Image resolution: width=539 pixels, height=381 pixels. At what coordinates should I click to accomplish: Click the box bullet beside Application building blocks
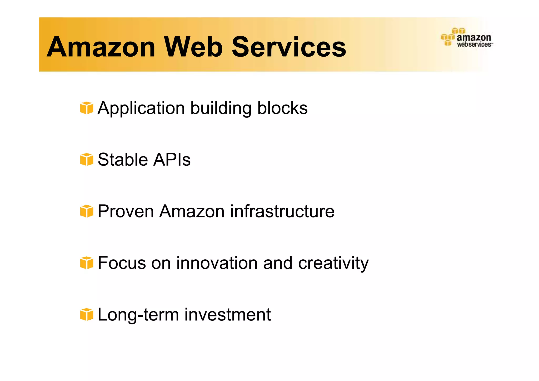(x=87, y=108)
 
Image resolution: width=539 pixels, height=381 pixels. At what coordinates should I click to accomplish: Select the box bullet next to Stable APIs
(x=87, y=160)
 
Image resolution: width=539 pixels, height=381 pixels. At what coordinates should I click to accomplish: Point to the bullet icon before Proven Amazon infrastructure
(x=87, y=211)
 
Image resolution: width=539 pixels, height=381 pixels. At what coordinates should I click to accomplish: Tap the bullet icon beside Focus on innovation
(x=87, y=263)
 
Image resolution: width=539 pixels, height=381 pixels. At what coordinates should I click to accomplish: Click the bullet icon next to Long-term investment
(x=87, y=314)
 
